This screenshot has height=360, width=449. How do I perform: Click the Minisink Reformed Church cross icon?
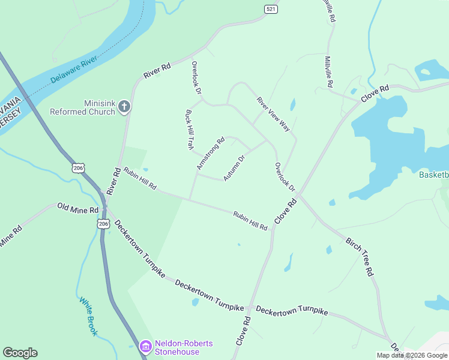point(125,107)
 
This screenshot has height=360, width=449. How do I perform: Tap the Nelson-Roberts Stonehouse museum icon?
point(145,346)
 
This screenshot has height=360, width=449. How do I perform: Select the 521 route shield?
point(271,9)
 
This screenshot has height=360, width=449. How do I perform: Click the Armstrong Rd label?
point(210,152)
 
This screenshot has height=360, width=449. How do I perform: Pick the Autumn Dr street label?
point(235,169)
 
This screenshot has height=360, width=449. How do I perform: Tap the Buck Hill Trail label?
point(190,129)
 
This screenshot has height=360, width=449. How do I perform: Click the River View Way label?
point(274,114)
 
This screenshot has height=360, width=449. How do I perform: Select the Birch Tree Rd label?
point(360,256)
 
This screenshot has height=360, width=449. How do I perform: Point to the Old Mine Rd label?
point(77,209)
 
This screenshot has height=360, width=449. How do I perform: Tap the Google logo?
point(20,353)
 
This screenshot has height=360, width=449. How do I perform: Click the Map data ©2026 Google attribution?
point(412,355)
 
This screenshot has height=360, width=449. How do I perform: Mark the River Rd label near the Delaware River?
point(157,70)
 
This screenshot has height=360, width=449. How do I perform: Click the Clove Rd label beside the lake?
point(375,94)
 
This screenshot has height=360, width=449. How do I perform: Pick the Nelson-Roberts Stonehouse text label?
point(184,347)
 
